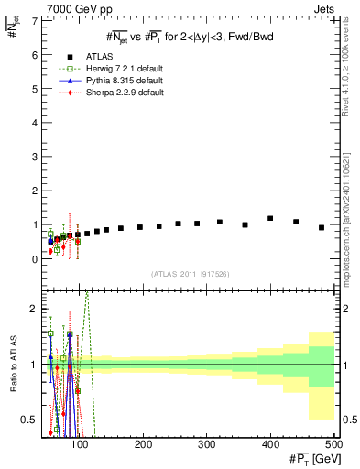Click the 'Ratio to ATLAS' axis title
tap(11, 365)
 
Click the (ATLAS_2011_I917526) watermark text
tap(190, 274)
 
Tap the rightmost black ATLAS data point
tap(322, 227)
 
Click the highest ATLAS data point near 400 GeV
tap(270, 218)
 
